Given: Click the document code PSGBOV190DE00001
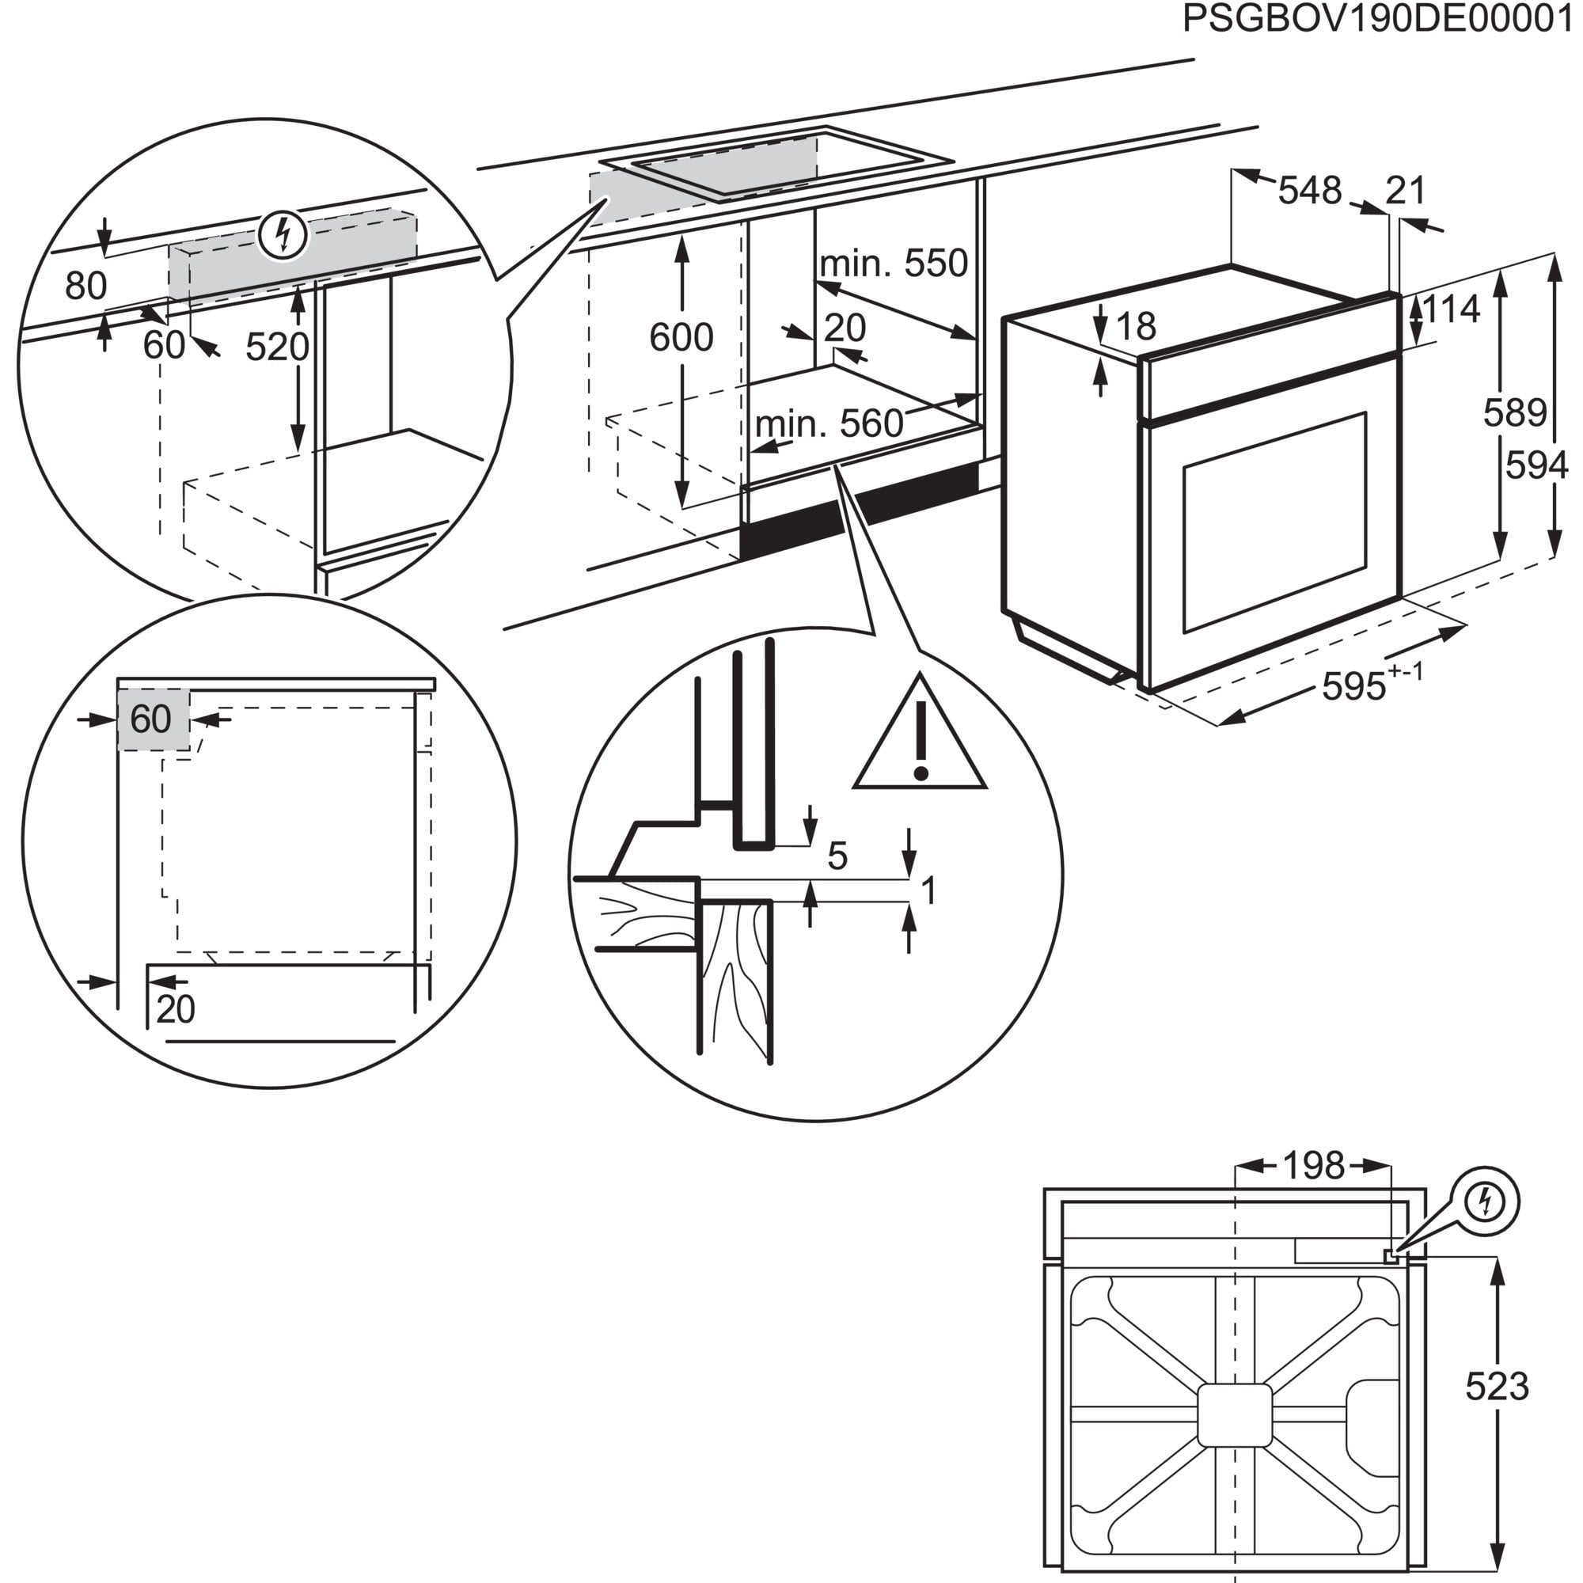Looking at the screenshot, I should [1380, 20].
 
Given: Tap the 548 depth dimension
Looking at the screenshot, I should [1309, 191].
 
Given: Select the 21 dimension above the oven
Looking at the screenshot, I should [1406, 191].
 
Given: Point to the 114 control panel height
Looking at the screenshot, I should [1450, 309].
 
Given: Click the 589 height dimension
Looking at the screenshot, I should [1514, 413].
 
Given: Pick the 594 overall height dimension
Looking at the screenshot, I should [1537, 465].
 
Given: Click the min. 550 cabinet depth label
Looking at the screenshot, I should [894, 264].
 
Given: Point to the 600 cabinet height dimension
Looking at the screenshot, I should [681, 336].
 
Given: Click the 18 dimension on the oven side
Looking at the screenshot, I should [1136, 326].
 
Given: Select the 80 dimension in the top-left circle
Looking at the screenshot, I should [85, 286].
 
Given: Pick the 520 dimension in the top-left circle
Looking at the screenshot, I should [277, 347].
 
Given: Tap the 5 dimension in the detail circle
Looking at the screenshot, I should [837, 856].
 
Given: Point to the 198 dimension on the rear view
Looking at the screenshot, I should [1313, 1166].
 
